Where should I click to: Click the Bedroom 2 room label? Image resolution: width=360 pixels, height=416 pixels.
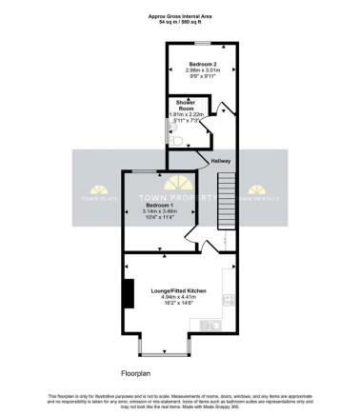(198, 63)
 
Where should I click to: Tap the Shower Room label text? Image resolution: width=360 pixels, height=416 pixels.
(179, 105)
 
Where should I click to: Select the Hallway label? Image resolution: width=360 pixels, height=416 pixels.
(220, 161)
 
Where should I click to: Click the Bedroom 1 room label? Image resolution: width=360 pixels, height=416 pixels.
(158, 205)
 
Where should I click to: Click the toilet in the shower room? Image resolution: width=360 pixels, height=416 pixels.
(173, 140)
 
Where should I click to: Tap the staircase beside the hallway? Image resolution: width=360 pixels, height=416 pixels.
(226, 206)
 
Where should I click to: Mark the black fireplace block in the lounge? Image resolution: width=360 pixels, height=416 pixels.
(128, 295)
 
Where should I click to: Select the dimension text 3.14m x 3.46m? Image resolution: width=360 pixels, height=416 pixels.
(158, 211)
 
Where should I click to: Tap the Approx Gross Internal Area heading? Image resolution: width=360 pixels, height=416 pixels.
(179, 15)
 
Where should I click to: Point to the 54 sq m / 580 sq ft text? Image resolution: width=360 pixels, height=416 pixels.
(179, 21)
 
